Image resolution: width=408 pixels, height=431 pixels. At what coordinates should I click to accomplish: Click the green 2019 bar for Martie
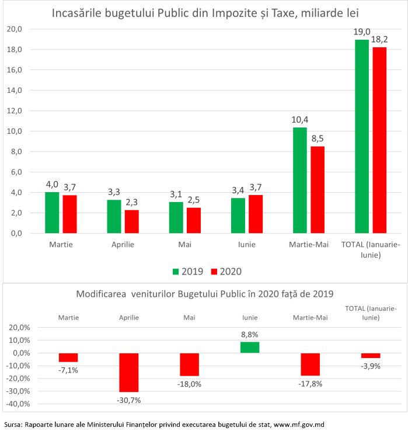53,213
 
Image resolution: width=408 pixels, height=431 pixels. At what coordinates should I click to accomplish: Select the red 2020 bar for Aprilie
132,221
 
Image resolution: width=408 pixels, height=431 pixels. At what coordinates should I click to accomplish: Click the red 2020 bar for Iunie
256,214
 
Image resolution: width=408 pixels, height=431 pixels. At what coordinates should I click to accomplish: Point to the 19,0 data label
362,31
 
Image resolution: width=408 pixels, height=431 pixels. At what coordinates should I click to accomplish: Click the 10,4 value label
300,119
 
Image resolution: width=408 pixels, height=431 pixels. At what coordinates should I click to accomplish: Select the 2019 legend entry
187,271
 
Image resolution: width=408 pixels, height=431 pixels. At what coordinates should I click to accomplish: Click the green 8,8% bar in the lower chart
250,347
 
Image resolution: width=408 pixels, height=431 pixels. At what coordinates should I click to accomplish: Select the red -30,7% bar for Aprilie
128,372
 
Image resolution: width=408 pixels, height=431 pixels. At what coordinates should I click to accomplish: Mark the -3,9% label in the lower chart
371,366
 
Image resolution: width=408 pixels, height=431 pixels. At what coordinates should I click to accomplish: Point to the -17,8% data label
311,384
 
